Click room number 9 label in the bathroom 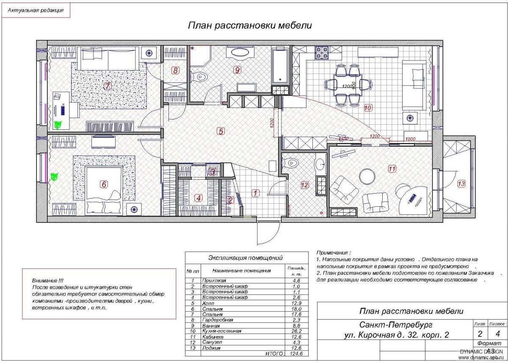tap(237, 70)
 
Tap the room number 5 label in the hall tap(220, 131)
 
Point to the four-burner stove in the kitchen tap(321, 53)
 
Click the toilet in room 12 tap(292, 164)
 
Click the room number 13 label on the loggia tap(461, 183)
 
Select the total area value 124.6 tap(296, 353)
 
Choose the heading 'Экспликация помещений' tap(246, 257)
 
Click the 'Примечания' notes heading tap(333, 252)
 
